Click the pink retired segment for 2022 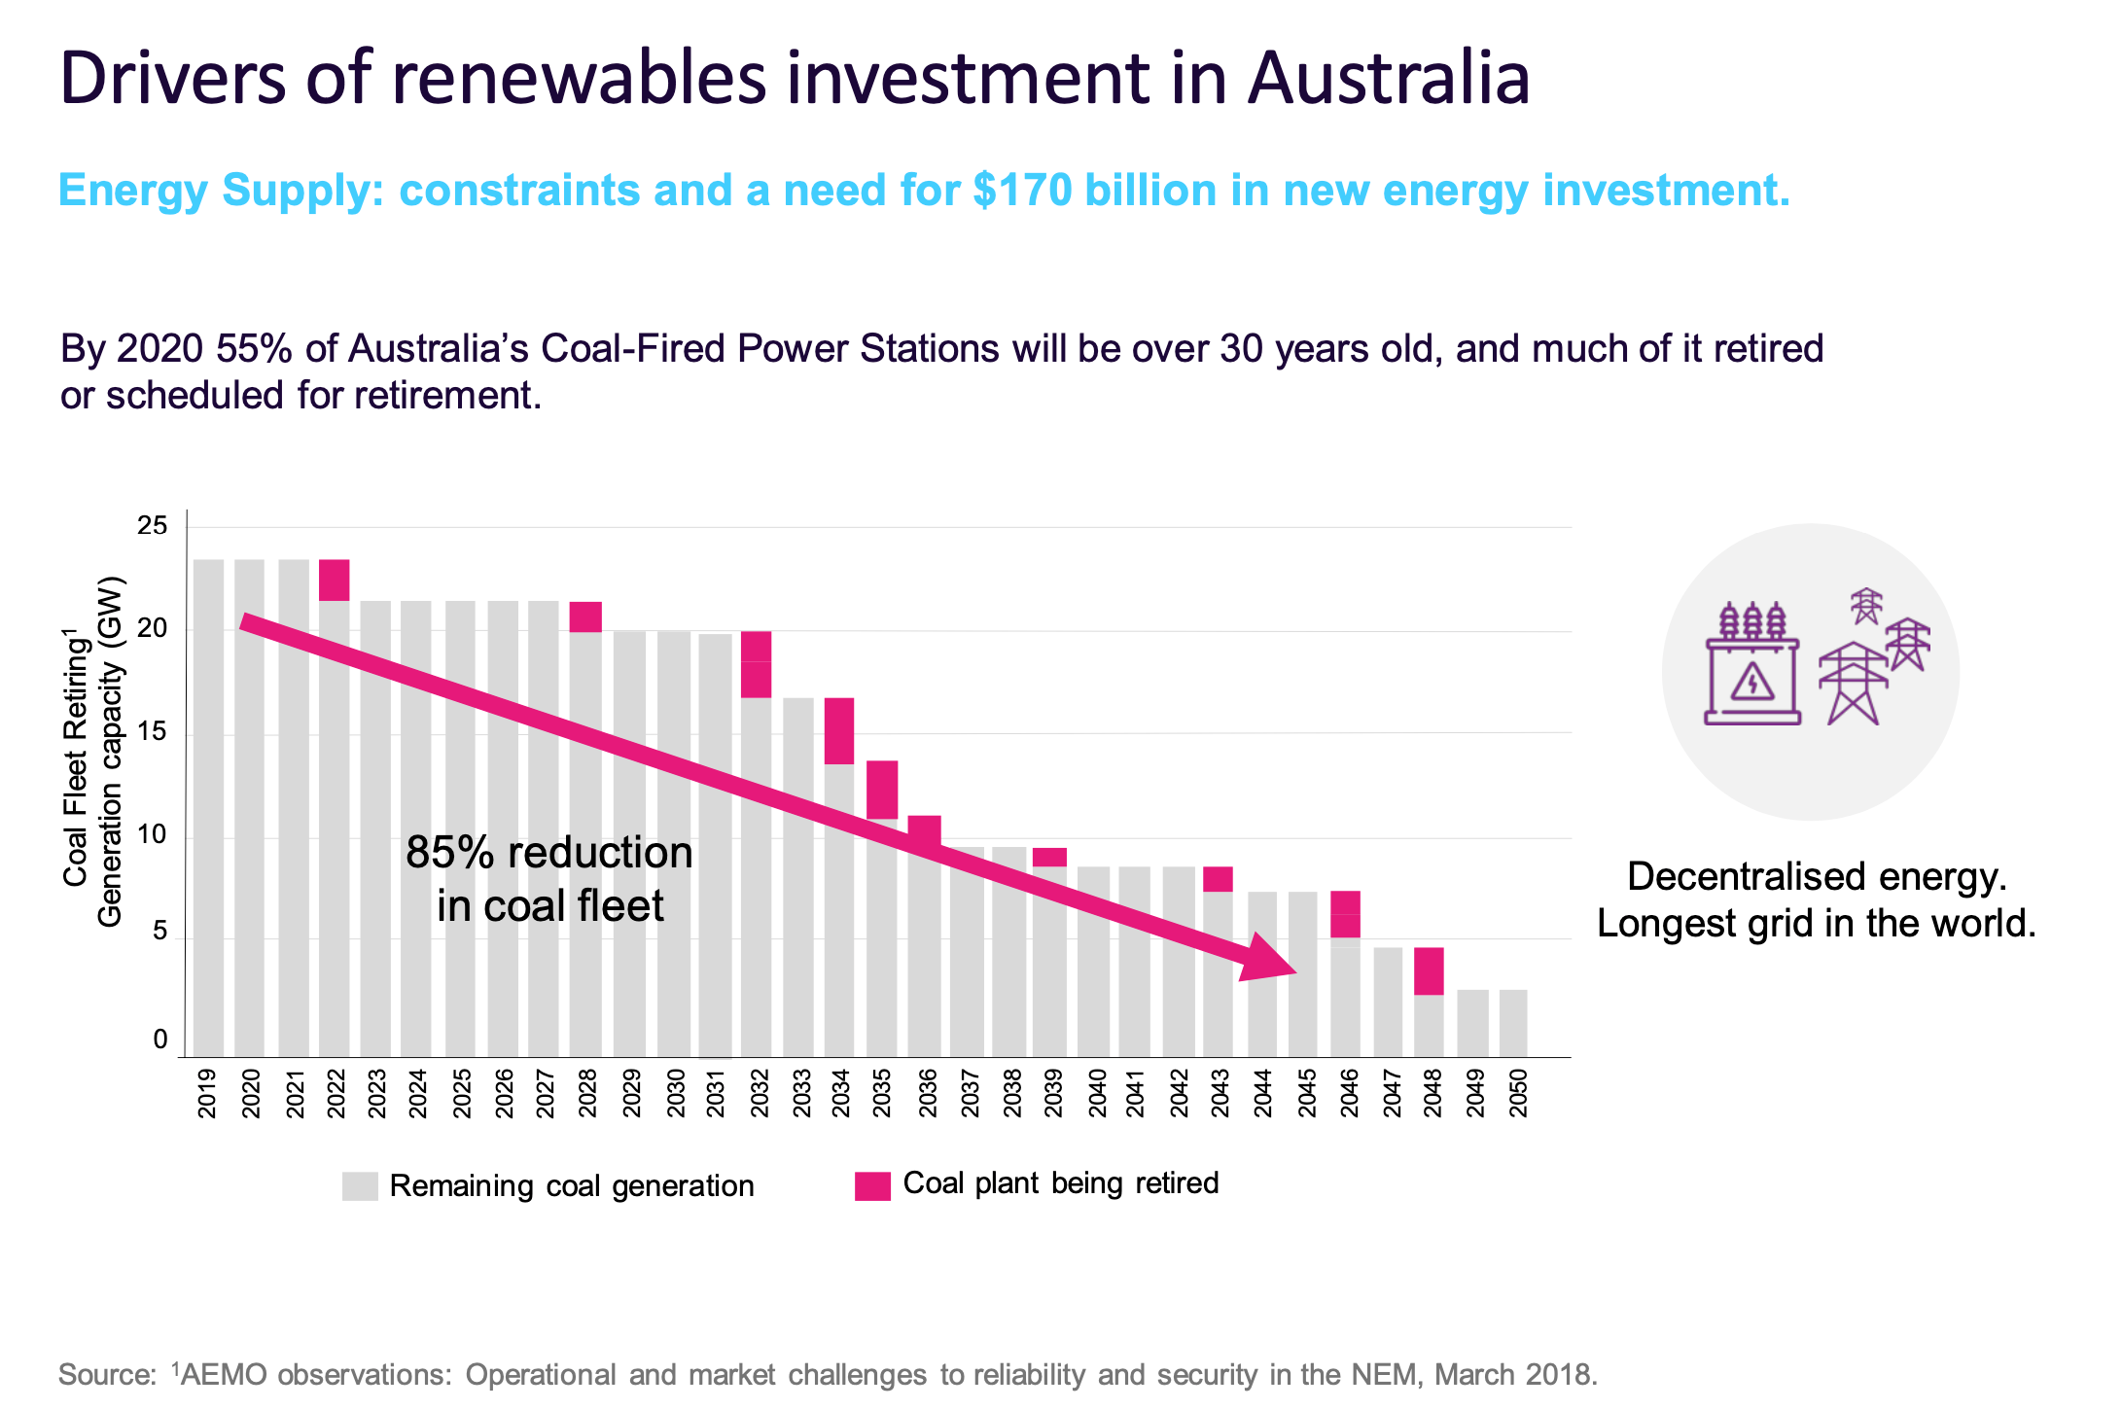(334, 581)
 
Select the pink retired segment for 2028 (585, 617)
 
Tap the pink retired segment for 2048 (1429, 970)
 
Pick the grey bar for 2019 (208, 807)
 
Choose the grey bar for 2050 (1513, 1022)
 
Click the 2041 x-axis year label (1136, 1094)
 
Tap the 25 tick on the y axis (153, 526)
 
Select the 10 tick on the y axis (153, 835)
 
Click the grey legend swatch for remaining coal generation (360, 1185)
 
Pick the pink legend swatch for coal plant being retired (872, 1185)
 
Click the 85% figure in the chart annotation (442, 853)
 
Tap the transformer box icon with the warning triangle (1752, 679)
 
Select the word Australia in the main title (1389, 78)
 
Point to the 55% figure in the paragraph (254, 348)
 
